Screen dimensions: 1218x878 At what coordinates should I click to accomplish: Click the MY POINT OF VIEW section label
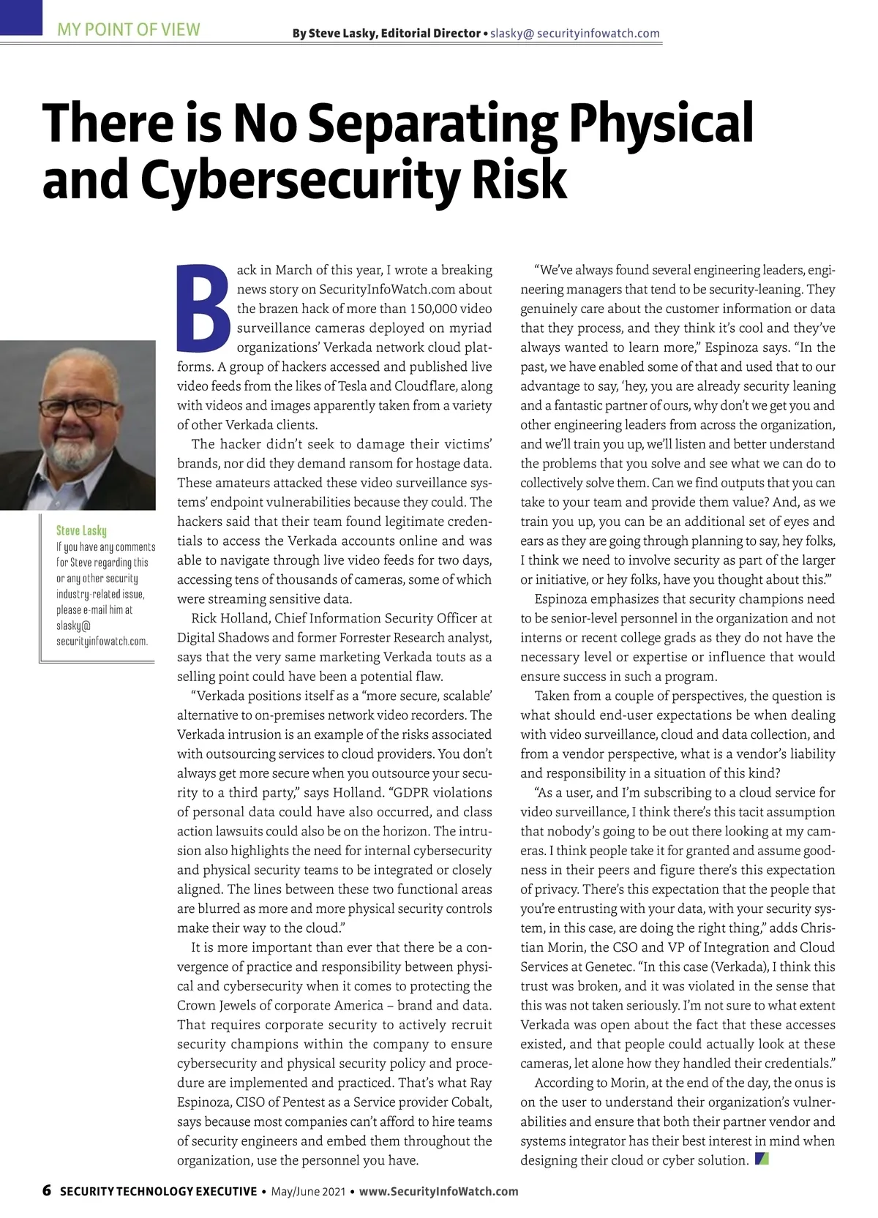129,30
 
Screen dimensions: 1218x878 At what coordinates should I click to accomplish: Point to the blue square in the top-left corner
21,17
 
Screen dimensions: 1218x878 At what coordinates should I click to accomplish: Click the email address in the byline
574,34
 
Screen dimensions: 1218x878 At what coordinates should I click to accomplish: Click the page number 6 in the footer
47,1190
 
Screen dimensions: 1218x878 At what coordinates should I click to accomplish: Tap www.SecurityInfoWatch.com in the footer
438,1191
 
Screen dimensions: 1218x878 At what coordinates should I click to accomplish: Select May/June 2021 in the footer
308,1191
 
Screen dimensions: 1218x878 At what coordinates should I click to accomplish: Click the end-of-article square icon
762,1159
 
